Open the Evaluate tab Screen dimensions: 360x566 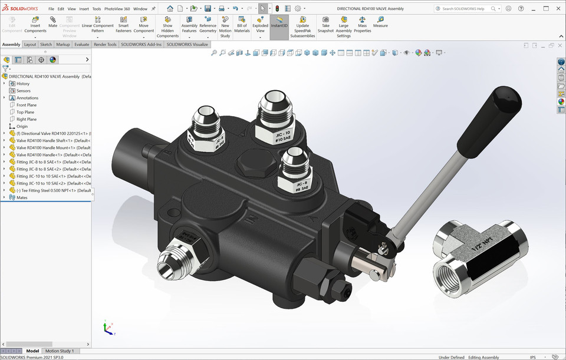click(82, 44)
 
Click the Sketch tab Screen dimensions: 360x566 click(46, 44)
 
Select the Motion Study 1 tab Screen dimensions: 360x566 click(60, 351)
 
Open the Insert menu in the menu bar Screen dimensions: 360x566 click(84, 9)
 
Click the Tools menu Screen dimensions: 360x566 click(97, 9)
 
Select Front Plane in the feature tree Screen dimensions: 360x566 click(27, 105)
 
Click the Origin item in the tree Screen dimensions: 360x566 click(22, 126)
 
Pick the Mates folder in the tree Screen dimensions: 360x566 click(22, 197)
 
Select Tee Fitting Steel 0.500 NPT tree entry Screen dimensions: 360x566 click(53, 190)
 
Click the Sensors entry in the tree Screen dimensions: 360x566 click(24, 91)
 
